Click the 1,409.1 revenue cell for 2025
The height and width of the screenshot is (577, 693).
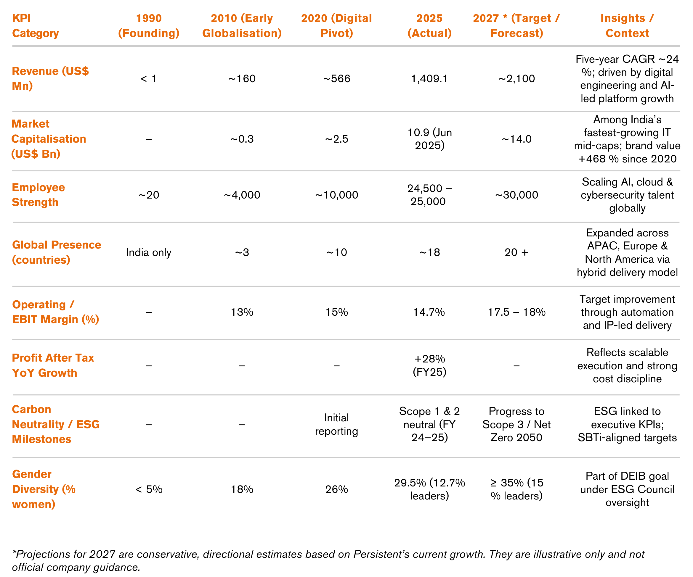point(429,79)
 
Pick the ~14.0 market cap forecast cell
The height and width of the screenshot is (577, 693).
point(516,139)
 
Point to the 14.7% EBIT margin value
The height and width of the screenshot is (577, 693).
point(429,312)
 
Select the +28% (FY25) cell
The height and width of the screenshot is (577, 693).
point(429,365)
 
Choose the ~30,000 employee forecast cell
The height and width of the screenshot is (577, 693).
point(516,195)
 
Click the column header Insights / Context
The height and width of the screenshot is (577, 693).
point(627,26)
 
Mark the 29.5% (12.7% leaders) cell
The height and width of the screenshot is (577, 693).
point(429,489)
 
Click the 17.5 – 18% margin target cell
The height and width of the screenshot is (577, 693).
point(516,312)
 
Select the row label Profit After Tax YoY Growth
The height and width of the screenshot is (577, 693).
point(53,365)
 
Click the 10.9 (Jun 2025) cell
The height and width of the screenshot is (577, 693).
point(429,139)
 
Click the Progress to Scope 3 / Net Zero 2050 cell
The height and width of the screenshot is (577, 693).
point(516,424)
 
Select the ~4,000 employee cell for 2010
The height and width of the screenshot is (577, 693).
point(242,195)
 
